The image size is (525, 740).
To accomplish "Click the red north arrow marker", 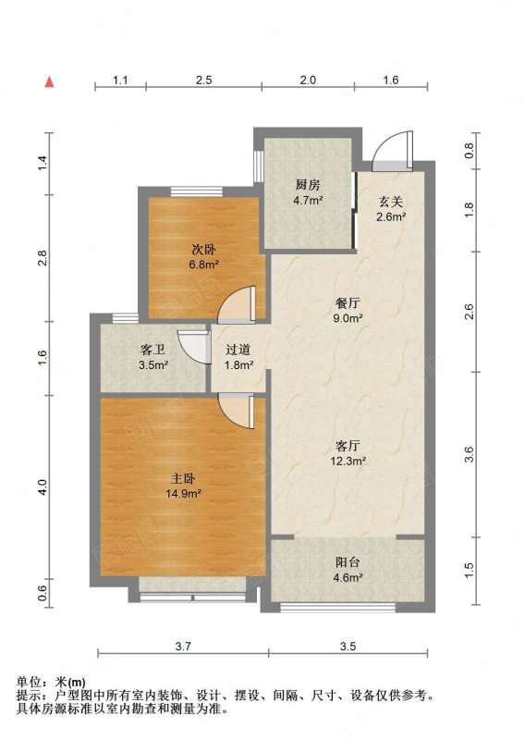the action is tap(49, 81).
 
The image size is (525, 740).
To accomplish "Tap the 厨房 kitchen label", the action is tap(308, 184).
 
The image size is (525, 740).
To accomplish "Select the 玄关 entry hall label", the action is tap(391, 202).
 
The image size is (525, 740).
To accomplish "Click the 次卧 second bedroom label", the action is tap(203, 249).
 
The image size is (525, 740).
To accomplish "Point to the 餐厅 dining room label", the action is tap(348, 302).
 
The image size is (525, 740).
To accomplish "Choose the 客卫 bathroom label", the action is tap(153, 350).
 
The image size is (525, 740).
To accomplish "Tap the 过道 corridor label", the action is tap(238, 350).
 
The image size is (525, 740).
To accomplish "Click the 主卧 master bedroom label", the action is tap(183, 478).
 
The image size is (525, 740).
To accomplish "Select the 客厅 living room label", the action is tap(348, 446).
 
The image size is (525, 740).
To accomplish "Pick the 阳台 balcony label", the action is tap(348, 562).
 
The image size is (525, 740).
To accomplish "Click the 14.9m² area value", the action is tap(184, 494).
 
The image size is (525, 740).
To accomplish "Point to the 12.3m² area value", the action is tap(348, 461).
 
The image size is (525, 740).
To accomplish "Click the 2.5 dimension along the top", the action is tap(203, 80).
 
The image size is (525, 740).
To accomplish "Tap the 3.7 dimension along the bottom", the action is tap(183, 646).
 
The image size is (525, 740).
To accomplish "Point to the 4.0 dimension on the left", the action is tap(43, 487).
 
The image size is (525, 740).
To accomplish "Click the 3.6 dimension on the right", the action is tap(469, 454).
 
